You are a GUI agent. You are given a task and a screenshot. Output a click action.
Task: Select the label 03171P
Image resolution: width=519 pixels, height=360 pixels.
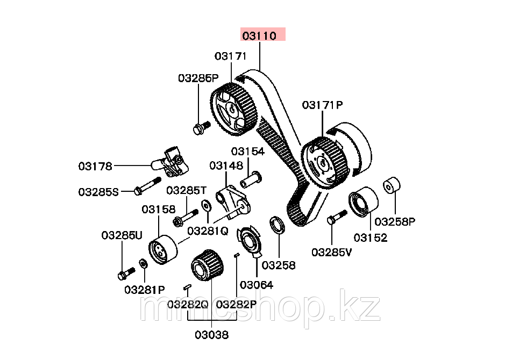pyautogui.click(x=322, y=105)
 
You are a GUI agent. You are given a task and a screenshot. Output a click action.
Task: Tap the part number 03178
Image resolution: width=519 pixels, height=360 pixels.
pyautogui.click(x=95, y=166)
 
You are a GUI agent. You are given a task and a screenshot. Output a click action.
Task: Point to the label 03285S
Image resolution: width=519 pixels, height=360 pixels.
pyautogui.click(x=98, y=191)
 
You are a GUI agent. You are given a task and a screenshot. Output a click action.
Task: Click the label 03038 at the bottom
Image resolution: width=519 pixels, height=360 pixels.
pyautogui.click(x=211, y=335)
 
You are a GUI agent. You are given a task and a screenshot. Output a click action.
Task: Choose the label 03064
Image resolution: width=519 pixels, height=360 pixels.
pyautogui.click(x=256, y=285)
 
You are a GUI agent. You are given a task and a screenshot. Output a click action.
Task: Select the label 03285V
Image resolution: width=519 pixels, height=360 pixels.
pyautogui.click(x=331, y=251)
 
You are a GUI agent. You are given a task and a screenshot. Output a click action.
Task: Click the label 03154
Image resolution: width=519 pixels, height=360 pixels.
pyautogui.click(x=248, y=152)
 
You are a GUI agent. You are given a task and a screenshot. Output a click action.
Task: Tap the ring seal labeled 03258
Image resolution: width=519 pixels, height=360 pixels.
pyautogui.click(x=276, y=224)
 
